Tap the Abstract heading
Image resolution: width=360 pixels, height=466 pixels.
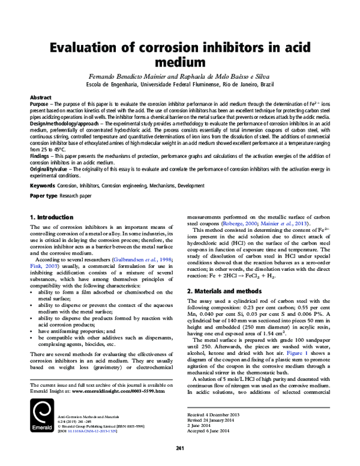[41, 97]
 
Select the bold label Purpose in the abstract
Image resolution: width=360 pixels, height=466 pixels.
[40, 103]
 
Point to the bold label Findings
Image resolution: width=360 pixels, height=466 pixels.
[41, 156]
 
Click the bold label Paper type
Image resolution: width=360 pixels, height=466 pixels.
[44, 196]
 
